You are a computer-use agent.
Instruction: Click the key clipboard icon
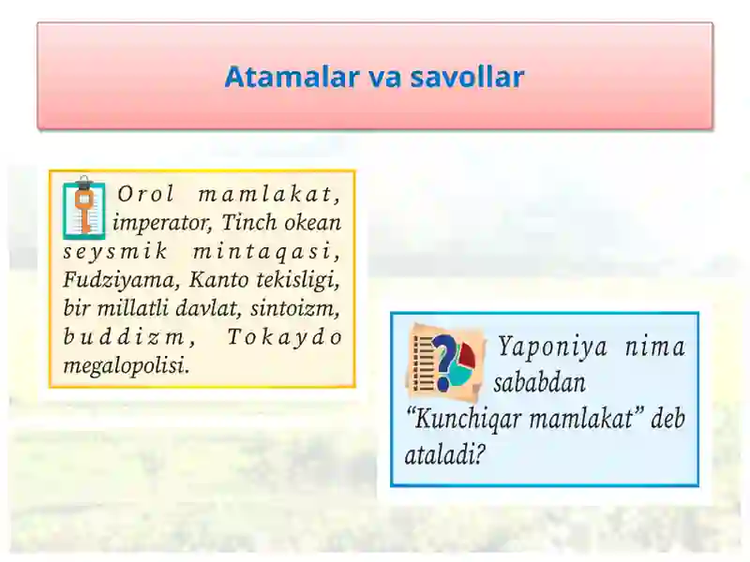click(84, 207)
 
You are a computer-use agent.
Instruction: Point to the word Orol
click(142, 195)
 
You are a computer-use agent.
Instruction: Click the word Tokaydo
click(285, 336)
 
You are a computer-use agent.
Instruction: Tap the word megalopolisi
click(126, 365)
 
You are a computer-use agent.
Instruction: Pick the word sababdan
click(540, 383)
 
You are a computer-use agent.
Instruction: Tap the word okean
click(310, 223)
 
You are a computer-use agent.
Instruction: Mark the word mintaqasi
click(266, 251)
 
